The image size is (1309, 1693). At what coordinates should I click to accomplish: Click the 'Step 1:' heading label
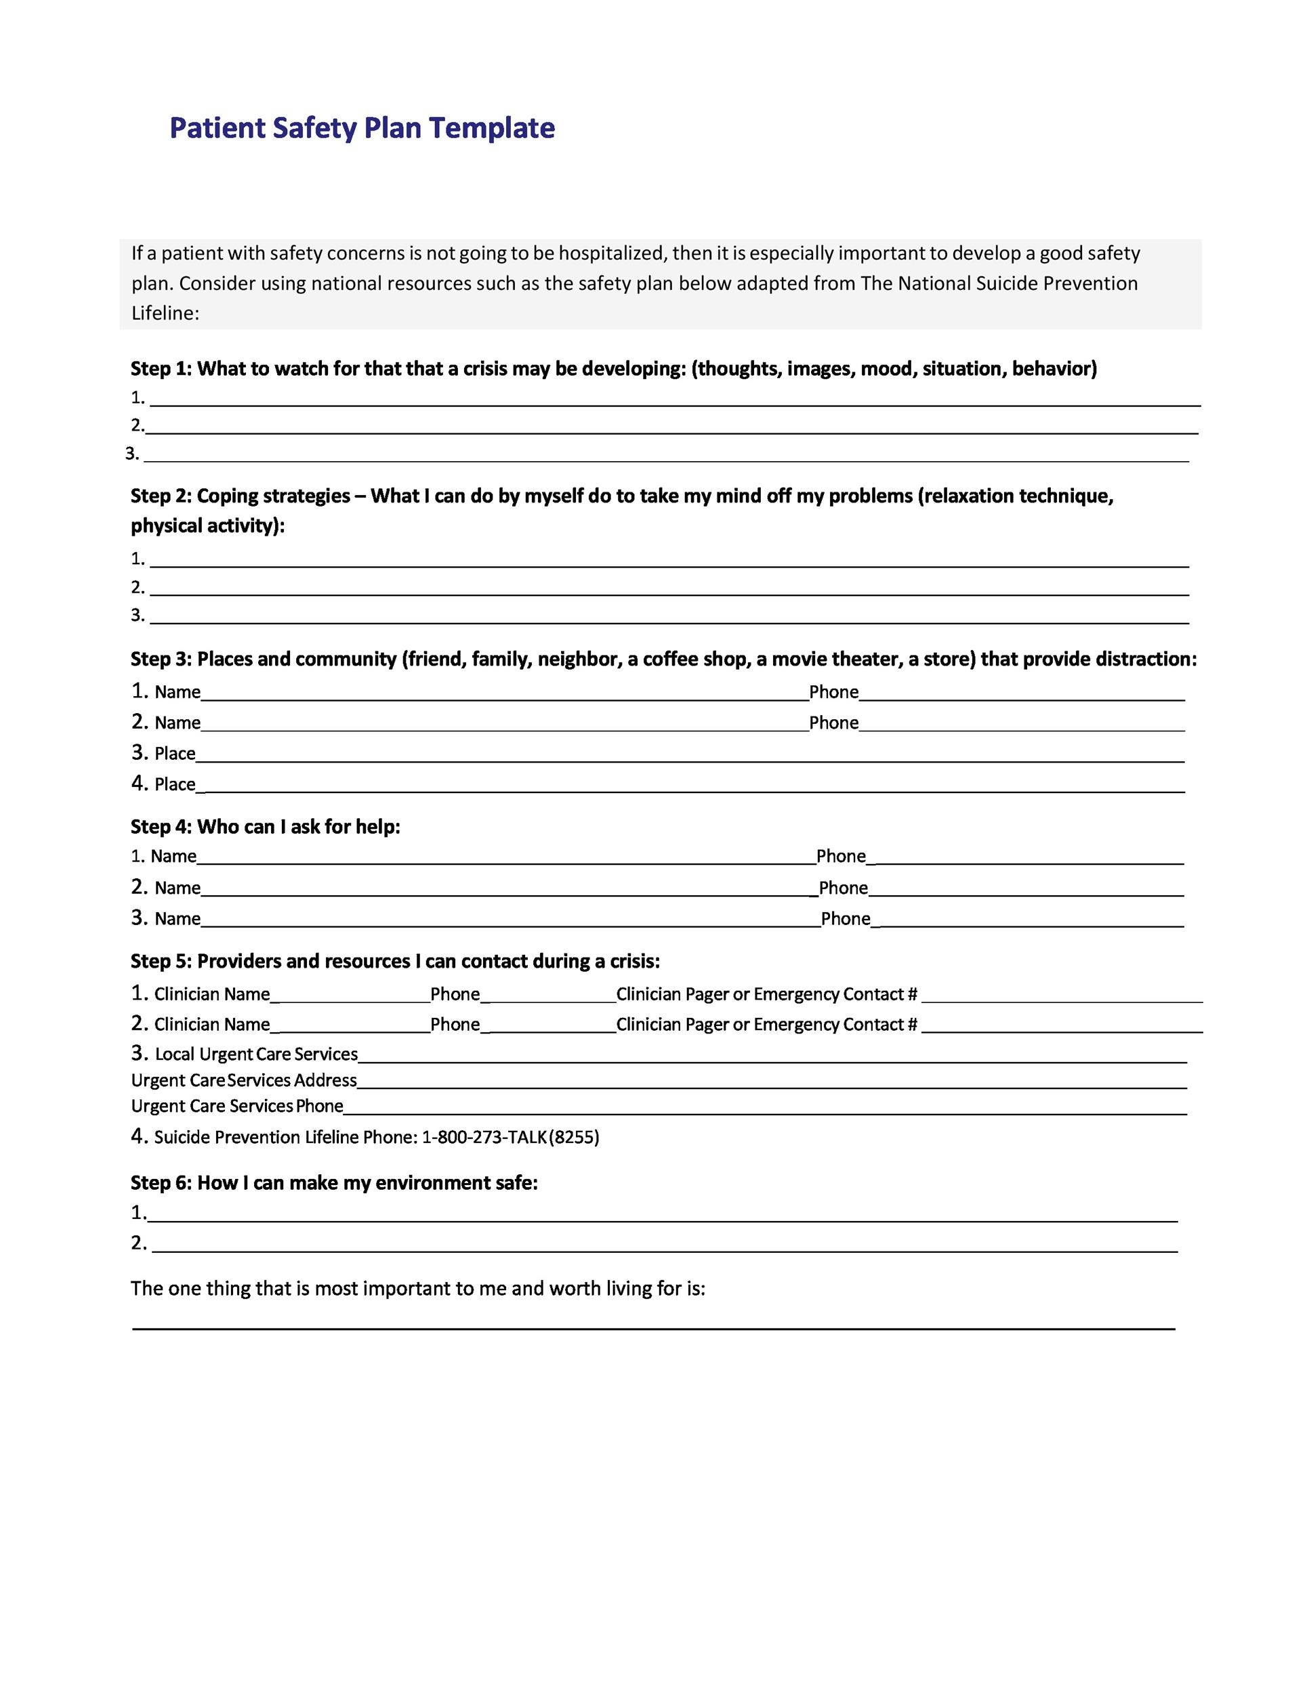[x=161, y=368]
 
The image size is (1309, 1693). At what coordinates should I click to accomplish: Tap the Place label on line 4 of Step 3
[x=175, y=784]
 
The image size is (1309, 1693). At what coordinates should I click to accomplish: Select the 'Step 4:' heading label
[x=161, y=826]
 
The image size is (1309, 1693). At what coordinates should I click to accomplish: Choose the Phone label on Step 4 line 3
[x=846, y=920]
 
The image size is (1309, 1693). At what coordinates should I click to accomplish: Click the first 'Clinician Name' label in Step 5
[x=211, y=995]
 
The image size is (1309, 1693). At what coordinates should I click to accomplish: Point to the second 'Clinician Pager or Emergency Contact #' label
[x=766, y=1025]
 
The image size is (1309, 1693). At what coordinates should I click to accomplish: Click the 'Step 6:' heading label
[x=161, y=1183]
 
